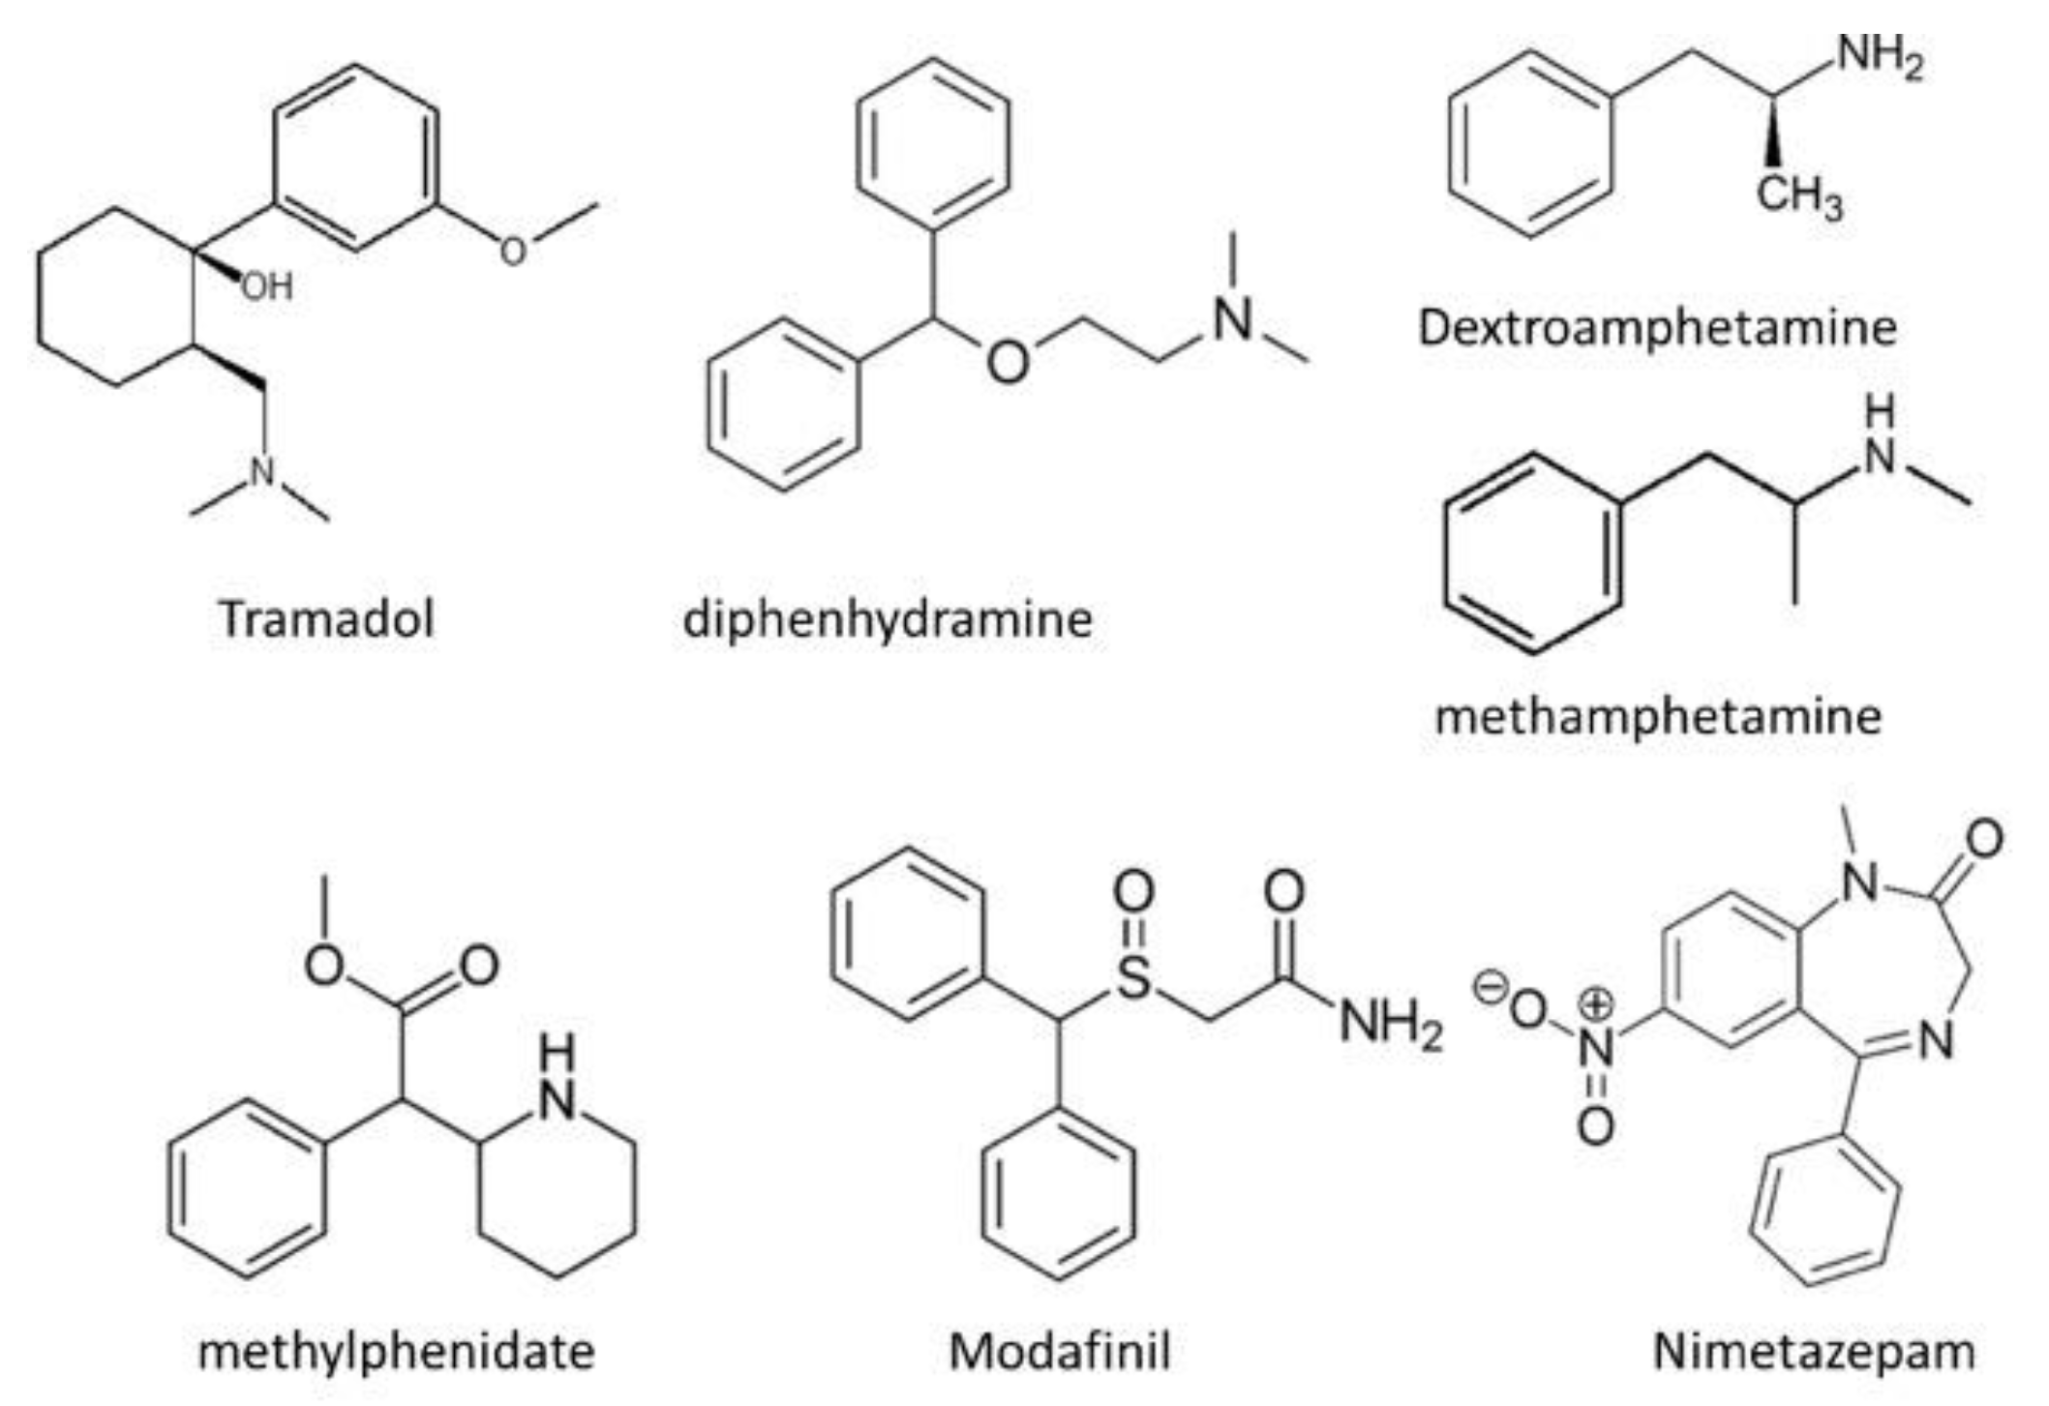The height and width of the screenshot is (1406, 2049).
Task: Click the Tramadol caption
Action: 327,618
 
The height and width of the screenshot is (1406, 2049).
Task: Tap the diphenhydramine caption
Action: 888,618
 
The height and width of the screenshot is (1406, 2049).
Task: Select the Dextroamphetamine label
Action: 1657,327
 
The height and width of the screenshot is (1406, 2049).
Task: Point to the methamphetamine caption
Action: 1658,716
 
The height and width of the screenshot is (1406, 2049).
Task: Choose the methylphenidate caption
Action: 396,1351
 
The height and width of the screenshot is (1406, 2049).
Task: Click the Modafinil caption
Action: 1059,1351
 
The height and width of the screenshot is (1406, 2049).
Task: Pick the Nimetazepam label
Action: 1814,1351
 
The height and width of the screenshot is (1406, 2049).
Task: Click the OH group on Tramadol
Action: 267,286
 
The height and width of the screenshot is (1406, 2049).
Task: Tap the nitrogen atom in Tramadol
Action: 262,471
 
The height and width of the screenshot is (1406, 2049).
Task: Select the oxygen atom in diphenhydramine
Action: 1008,362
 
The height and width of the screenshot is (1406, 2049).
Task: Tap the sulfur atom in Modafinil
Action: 1133,977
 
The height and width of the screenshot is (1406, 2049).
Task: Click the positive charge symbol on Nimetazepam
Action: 1596,1005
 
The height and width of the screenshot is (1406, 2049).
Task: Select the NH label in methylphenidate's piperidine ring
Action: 557,1079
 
